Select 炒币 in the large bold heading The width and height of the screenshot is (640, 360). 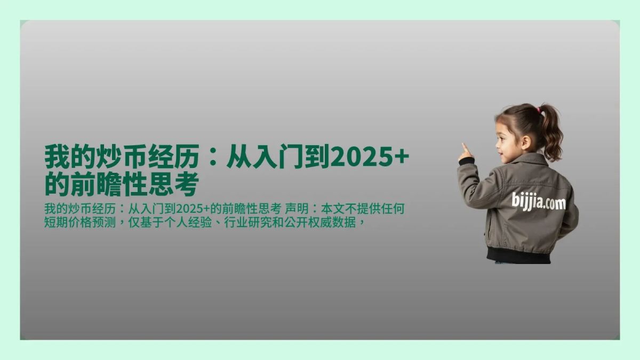tap(109, 158)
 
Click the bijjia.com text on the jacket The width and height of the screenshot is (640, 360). tap(538, 202)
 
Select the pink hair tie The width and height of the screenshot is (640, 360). tap(539, 110)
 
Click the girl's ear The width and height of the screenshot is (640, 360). tap(526, 142)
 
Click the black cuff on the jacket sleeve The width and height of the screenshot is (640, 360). tap(466, 161)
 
